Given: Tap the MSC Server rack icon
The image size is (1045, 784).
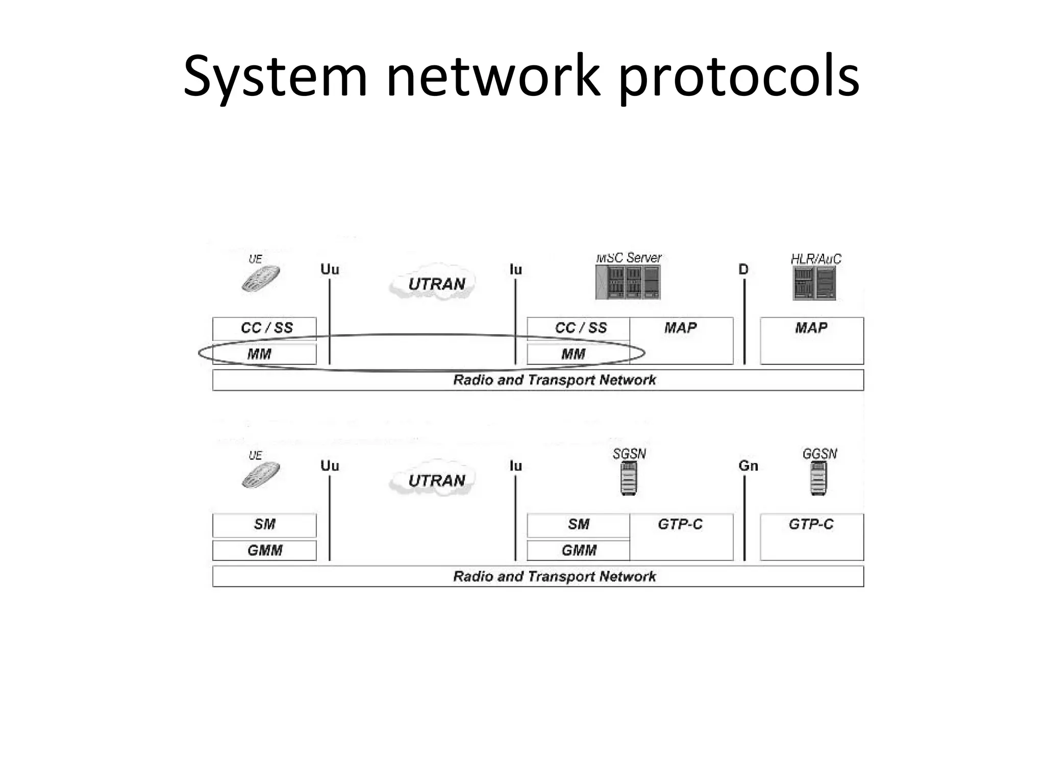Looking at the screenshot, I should (628, 283).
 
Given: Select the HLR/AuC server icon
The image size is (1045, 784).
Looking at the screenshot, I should (814, 283).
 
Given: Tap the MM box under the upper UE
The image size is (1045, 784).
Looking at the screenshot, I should (264, 354).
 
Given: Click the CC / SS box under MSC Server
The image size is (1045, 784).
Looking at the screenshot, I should (579, 328).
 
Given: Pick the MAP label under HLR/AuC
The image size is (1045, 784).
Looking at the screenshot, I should (811, 328).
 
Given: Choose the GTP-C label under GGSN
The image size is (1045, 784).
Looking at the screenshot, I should (811, 524).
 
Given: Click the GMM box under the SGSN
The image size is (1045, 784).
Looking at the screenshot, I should (579, 550).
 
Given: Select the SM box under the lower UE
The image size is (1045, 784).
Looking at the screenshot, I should (264, 524).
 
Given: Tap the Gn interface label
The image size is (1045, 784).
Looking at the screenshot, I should (748, 465).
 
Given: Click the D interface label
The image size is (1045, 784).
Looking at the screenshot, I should (743, 269).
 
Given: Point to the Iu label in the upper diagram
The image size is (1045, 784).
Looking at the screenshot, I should (515, 269).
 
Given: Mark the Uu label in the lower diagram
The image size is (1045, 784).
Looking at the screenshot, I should (330, 465).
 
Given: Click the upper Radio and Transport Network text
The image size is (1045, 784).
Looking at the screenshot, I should (554, 380).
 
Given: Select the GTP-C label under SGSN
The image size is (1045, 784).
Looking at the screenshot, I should (680, 524).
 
